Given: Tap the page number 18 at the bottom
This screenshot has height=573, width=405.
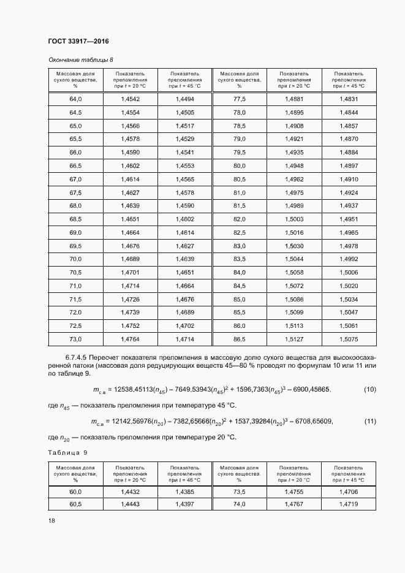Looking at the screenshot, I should click(51, 520).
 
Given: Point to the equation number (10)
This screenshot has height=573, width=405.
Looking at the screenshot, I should click(369, 389).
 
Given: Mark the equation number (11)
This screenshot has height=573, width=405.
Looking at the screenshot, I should click(369, 421).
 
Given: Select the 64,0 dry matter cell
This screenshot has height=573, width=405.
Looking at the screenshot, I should click(76, 99).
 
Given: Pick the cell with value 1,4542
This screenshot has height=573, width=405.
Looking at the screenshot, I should click(131, 99).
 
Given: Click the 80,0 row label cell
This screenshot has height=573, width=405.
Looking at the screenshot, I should click(240, 165).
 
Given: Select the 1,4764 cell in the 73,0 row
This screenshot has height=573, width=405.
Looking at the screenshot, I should click(131, 339).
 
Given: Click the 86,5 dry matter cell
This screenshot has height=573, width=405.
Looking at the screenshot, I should click(240, 339).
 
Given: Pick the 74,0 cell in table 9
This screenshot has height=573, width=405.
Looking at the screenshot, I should click(240, 504).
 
